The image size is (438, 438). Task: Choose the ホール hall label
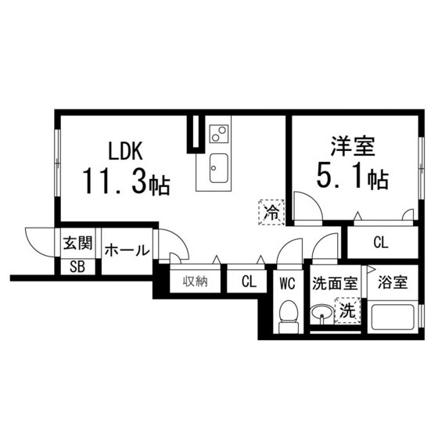126,250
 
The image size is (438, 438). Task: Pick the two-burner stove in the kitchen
219,134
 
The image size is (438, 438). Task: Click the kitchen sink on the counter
218,167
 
